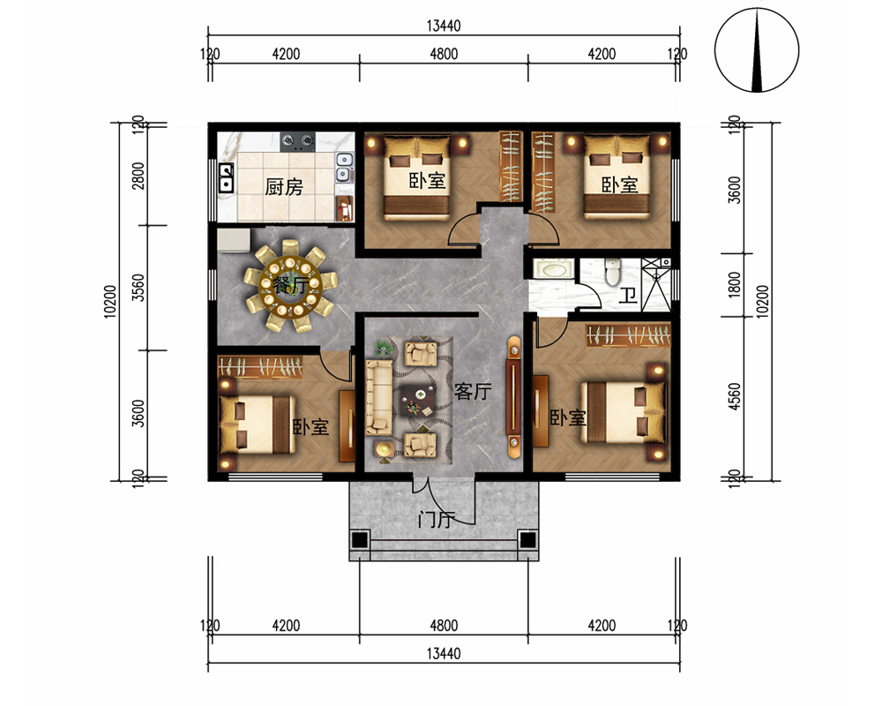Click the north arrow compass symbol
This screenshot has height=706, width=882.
tap(757, 50)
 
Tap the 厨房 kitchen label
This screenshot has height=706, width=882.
tap(284, 187)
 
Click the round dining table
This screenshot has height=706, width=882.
tap(290, 285)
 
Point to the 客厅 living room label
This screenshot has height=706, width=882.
tap(473, 391)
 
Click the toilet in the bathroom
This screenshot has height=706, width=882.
tap(612, 271)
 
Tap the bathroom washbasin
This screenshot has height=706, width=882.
tap(552, 268)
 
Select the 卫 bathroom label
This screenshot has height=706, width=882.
tap(628, 295)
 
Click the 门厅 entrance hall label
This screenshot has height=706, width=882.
tap(437, 519)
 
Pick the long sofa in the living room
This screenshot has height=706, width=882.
tap(378, 397)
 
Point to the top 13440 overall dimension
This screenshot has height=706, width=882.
tap(444, 26)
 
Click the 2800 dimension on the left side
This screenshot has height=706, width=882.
tap(138, 175)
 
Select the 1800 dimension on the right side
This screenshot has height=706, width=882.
tap(734, 284)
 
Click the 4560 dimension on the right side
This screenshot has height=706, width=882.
tap(734, 396)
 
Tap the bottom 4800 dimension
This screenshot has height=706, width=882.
tap(444, 625)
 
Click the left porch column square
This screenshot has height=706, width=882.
tap(360, 540)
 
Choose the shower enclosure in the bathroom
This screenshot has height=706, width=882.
tap(656, 284)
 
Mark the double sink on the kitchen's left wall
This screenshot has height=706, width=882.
tap(226, 177)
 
